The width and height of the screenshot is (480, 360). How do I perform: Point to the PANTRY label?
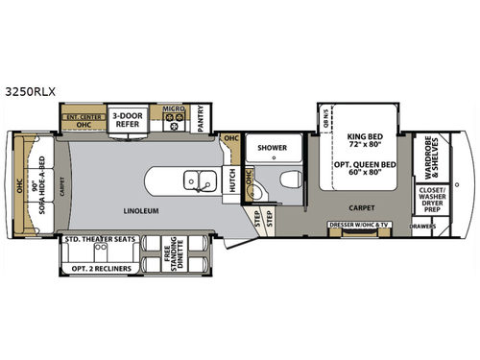tap(201, 119)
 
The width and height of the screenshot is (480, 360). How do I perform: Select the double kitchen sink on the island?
tap(200, 179)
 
